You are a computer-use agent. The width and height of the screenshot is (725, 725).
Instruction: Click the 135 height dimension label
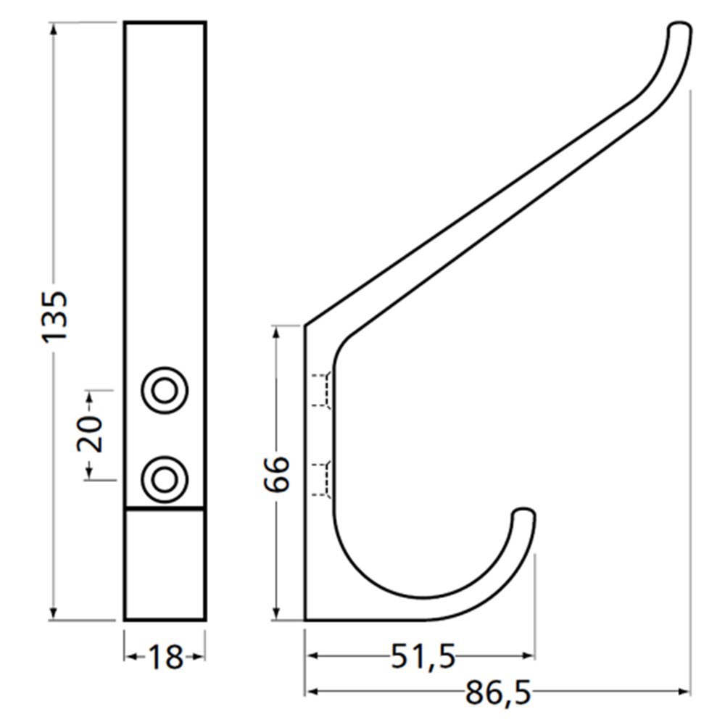[55, 317]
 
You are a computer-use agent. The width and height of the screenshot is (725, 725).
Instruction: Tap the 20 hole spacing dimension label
[89, 434]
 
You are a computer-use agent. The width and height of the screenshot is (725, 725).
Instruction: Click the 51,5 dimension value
[423, 657]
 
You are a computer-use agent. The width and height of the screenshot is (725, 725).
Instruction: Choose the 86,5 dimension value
[497, 693]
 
